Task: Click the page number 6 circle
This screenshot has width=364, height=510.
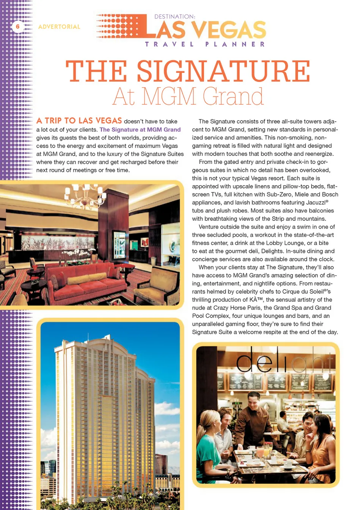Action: (17, 27)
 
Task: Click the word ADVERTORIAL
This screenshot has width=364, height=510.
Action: (59, 27)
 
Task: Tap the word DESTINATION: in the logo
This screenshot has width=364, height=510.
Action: (174, 17)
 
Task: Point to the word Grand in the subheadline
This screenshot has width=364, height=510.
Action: (233, 97)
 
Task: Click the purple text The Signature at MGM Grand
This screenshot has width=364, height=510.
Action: (140, 130)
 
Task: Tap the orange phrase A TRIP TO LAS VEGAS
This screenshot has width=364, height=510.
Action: (79, 121)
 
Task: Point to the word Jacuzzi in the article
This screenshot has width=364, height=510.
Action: (314, 203)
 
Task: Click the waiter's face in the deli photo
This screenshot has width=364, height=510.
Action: (253, 399)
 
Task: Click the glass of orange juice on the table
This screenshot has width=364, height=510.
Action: (261, 452)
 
